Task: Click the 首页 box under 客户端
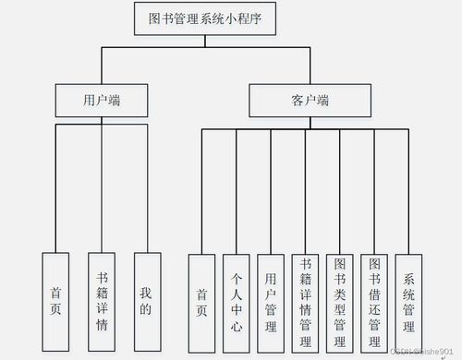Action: tap(201, 303)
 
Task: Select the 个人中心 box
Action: tap(236, 303)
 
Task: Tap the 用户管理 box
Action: tap(270, 303)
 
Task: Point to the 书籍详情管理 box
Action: tap(305, 303)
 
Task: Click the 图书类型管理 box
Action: tap(339, 303)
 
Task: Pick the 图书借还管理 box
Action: tap(373, 303)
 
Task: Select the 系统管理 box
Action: tap(408, 303)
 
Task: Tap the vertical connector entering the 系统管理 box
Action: tap(408, 194)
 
